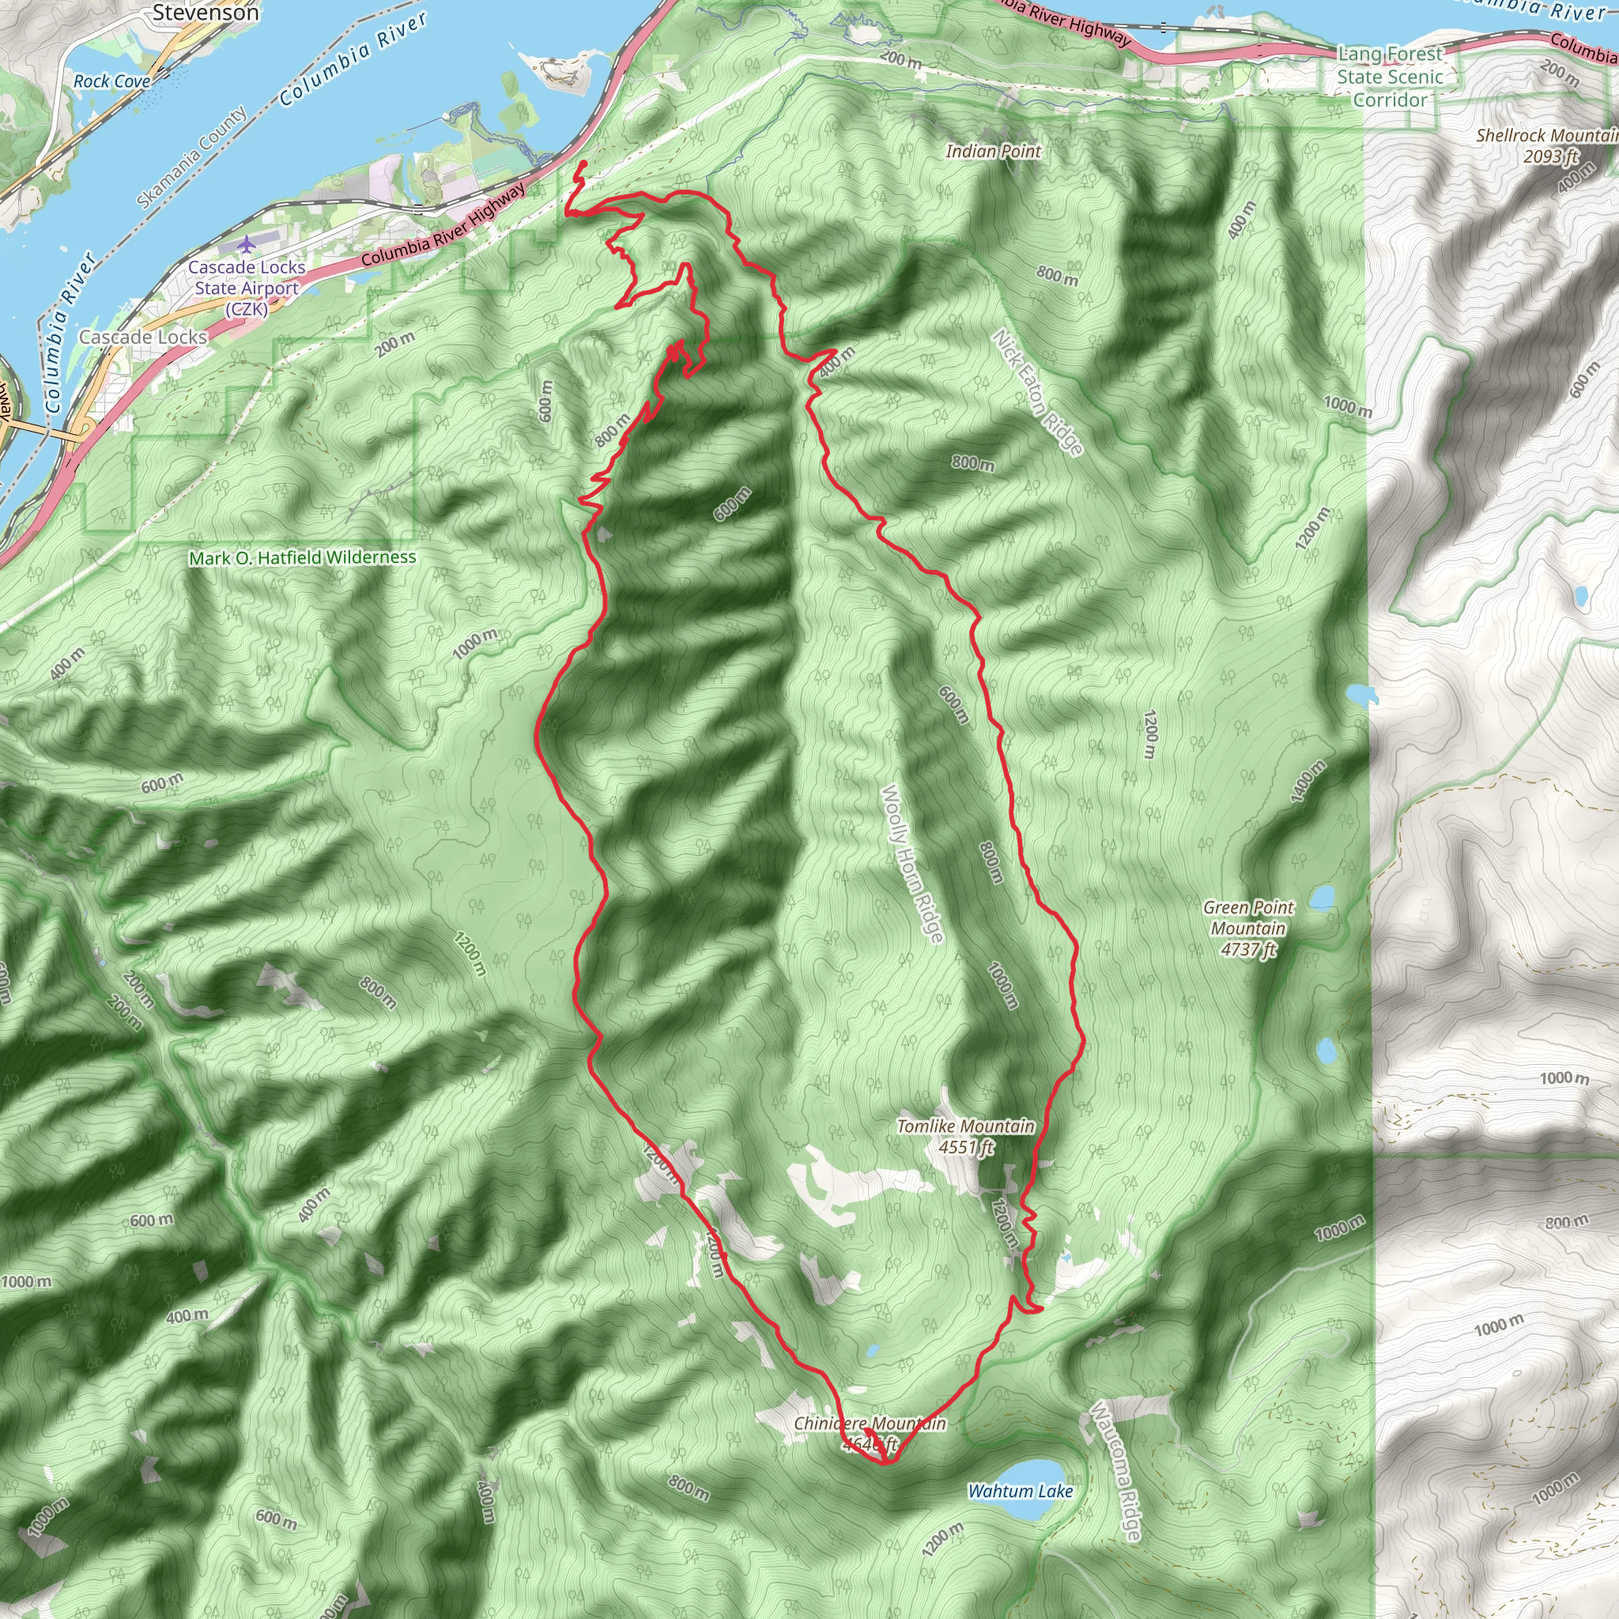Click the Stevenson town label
tap(206, 13)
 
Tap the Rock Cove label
tap(111, 81)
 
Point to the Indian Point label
tap(993, 151)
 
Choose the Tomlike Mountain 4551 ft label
tap(965, 1136)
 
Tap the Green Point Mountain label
tap(1247, 927)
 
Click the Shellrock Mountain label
tap(1546, 145)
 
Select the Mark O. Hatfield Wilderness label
tap(303, 557)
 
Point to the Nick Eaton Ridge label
tap(1037, 392)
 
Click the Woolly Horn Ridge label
tap(911, 863)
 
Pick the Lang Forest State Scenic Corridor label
tap(1391, 77)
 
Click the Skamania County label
tap(192, 157)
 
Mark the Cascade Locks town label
tap(143, 337)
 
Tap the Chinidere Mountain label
tap(870, 1424)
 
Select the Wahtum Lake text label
tap(1020, 1491)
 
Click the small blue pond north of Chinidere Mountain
tap(873, 1351)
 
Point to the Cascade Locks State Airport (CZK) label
tap(247, 288)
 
